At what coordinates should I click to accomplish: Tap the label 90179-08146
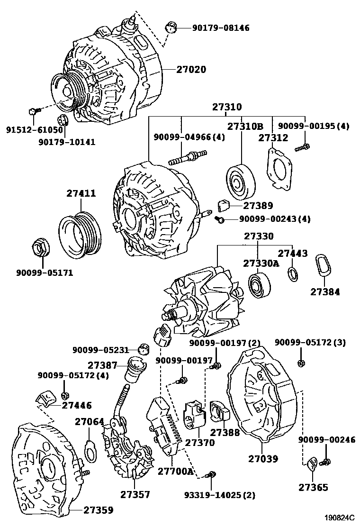click(221, 28)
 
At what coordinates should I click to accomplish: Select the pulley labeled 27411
click(79, 235)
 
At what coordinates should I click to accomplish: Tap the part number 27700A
click(176, 471)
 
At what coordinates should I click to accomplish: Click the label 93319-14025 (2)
click(219, 495)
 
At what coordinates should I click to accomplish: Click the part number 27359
click(99, 510)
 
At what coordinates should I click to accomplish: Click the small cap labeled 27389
click(223, 205)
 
